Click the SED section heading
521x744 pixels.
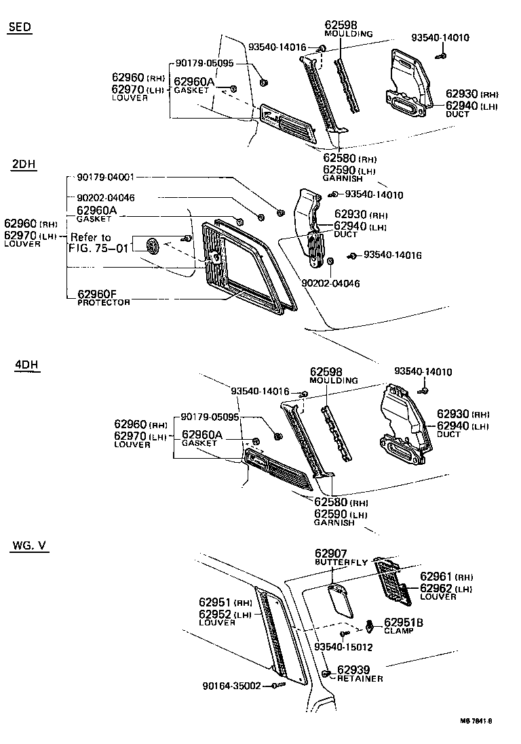tap(20, 27)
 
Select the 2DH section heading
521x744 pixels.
tap(24, 165)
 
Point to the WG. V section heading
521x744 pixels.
tap(29, 546)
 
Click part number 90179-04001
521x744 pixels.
tap(105, 178)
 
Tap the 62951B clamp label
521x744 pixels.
tap(404, 622)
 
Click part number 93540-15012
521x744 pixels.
tap(343, 647)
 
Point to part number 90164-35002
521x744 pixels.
tap(231, 686)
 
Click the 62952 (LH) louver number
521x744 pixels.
tap(225, 614)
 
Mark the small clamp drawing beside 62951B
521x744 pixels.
tap(370, 625)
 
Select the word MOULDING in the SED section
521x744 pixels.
tap(349, 34)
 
